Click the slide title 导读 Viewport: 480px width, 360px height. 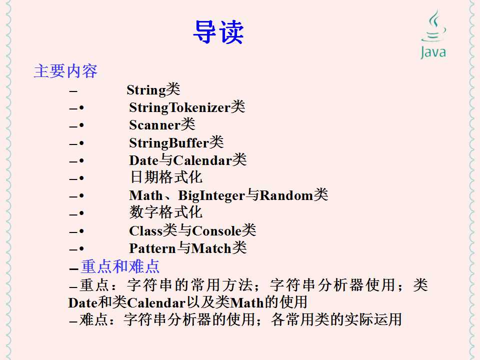click(x=218, y=32)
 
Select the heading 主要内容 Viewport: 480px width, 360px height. click(x=65, y=71)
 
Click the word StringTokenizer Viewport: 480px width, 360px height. click(x=179, y=107)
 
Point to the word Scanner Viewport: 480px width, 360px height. click(x=154, y=125)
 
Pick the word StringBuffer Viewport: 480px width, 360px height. click(x=168, y=143)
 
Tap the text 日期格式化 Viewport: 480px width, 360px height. click(x=166, y=177)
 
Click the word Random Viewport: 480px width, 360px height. click(x=286, y=195)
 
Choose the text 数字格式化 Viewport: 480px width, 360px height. click(x=166, y=213)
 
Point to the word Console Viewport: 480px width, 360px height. click(x=216, y=231)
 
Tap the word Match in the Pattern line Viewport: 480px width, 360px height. click(x=211, y=248)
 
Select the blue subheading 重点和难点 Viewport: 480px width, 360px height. click(x=120, y=266)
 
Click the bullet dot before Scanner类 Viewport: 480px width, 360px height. click(x=81, y=125)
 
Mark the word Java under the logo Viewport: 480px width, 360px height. click(x=433, y=52)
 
